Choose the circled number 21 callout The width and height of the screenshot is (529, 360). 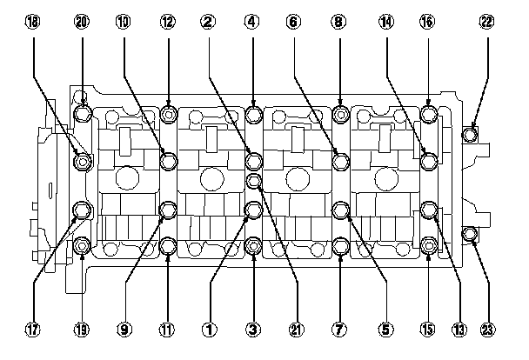click(x=297, y=330)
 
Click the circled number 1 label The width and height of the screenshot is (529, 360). click(x=209, y=330)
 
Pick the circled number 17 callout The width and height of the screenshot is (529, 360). click(x=33, y=330)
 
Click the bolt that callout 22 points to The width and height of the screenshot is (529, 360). click(x=470, y=134)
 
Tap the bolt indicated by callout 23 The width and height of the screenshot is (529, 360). click(x=469, y=234)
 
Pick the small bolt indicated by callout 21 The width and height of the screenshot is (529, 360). click(x=254, y=181)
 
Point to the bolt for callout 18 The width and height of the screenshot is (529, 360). click(x=83, y=161)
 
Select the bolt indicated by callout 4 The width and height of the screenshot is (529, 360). click(x=253, y=115)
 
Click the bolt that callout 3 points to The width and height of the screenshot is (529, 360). click(x=253, y=247)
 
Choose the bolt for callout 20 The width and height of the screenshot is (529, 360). click(x=84, y=115)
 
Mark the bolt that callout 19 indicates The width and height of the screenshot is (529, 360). click(x=84, y=247)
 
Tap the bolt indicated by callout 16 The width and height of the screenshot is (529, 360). click(x=429, y=115)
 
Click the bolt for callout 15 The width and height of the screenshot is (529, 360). click(x=429, y=247)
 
